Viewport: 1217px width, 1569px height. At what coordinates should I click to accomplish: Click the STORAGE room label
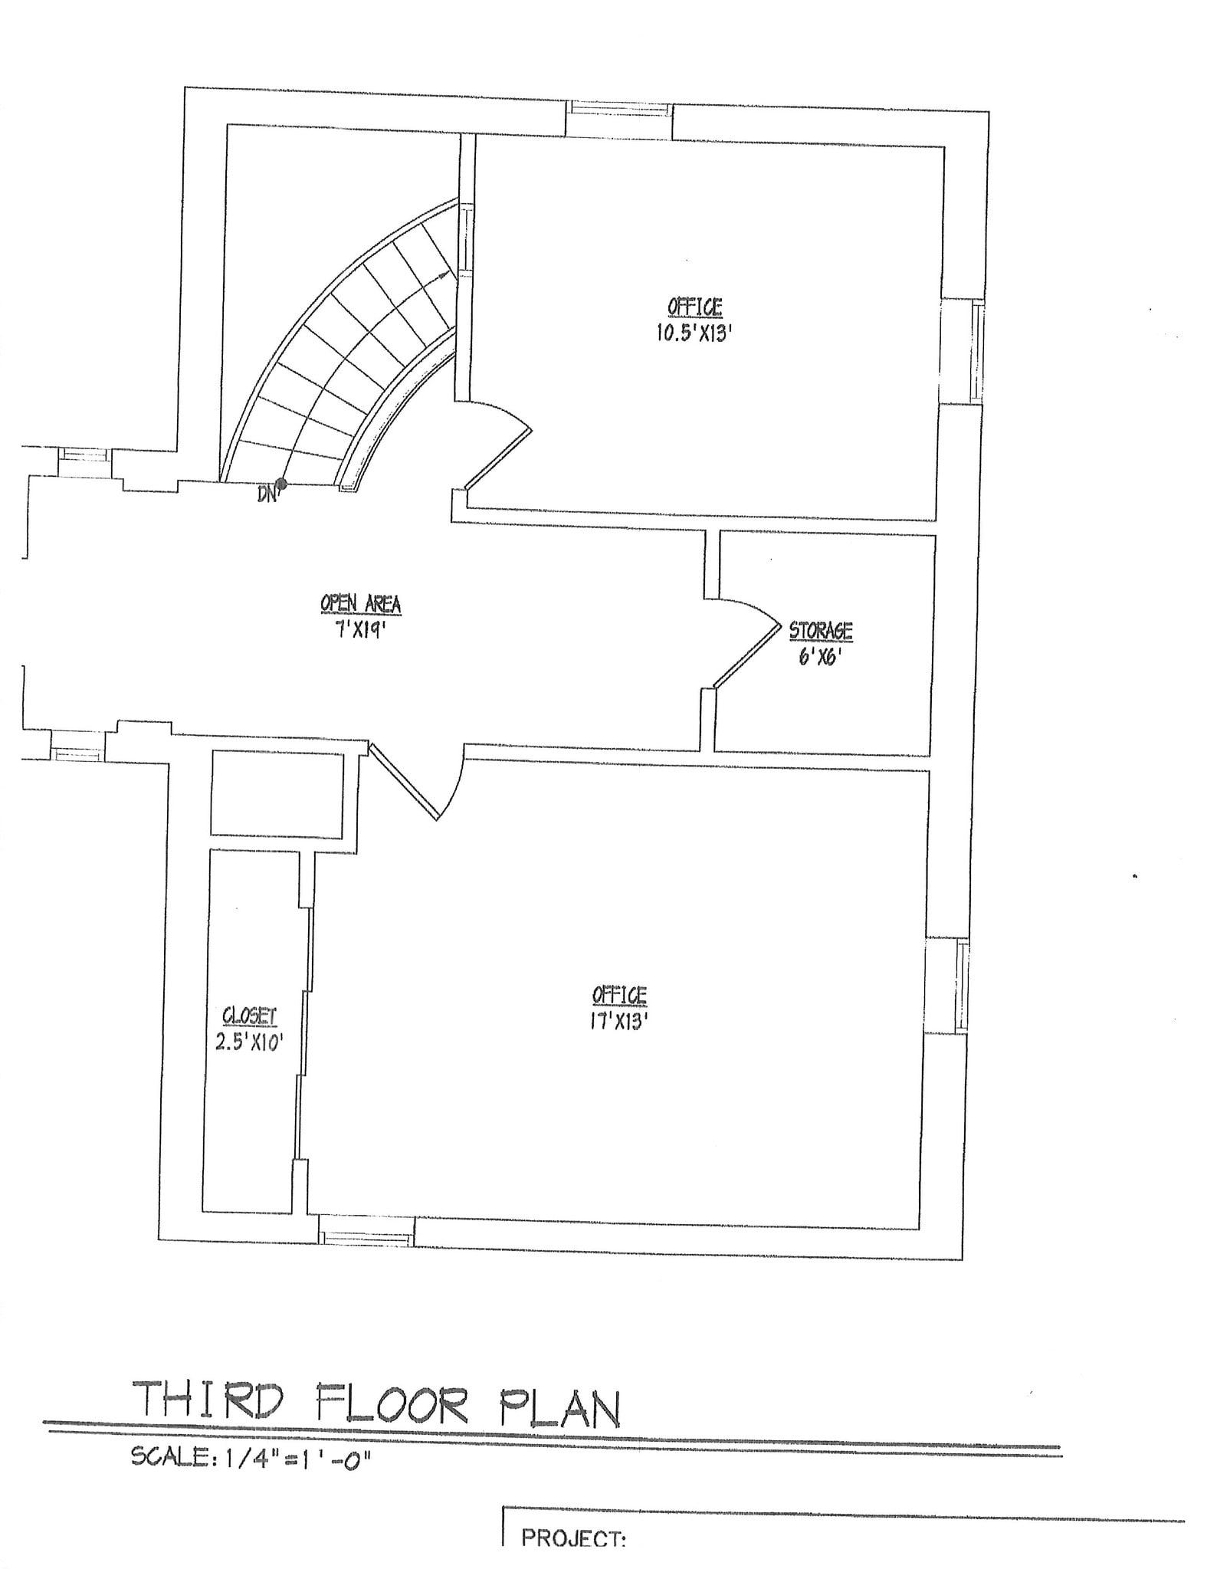[821, 630]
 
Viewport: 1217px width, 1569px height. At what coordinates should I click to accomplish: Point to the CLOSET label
[249, 1016]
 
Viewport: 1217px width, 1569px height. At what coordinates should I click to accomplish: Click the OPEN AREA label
[360, 604]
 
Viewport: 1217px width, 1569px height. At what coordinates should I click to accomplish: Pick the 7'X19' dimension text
[360, 630]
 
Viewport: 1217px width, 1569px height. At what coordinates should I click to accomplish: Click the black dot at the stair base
[281, 484]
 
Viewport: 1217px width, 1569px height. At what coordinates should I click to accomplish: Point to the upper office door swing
[498, 445]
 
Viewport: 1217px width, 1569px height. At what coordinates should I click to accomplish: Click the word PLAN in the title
[559, 1407]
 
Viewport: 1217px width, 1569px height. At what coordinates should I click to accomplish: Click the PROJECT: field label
[573, 1537]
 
